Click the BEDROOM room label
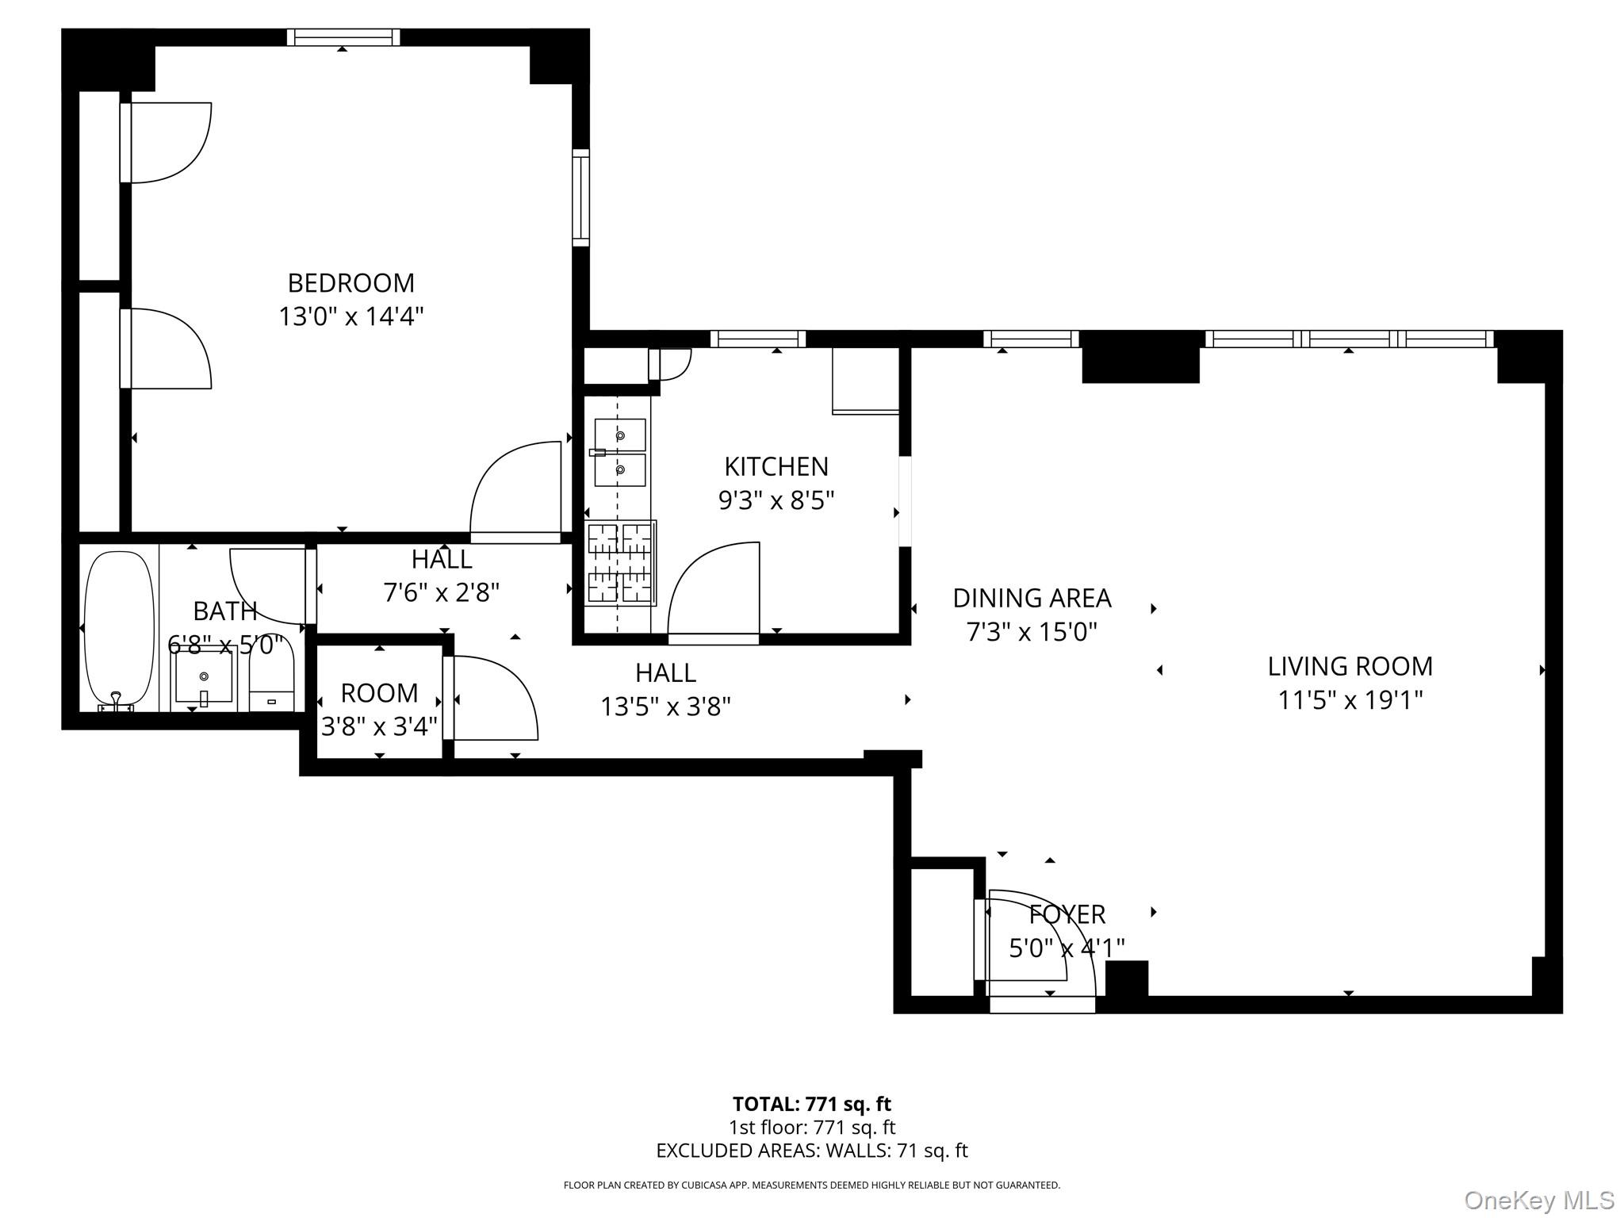point(350,283)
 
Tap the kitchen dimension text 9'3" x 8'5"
point(776,500)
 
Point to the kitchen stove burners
point(620,563)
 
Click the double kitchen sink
point(620,452)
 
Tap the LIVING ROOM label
point(1350,666)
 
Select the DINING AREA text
point(1032,598)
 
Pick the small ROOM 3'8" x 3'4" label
point(379,693)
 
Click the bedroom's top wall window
point(343,37)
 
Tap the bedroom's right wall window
point(581,197)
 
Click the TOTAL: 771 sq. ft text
point(811,1104)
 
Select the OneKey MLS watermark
point(1538,1201)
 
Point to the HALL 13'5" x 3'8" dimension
point(665,707)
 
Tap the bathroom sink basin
point(204,676)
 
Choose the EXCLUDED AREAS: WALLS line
point(811,1151)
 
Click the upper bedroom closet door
point(167,143)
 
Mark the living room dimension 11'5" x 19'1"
point(1350,700)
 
